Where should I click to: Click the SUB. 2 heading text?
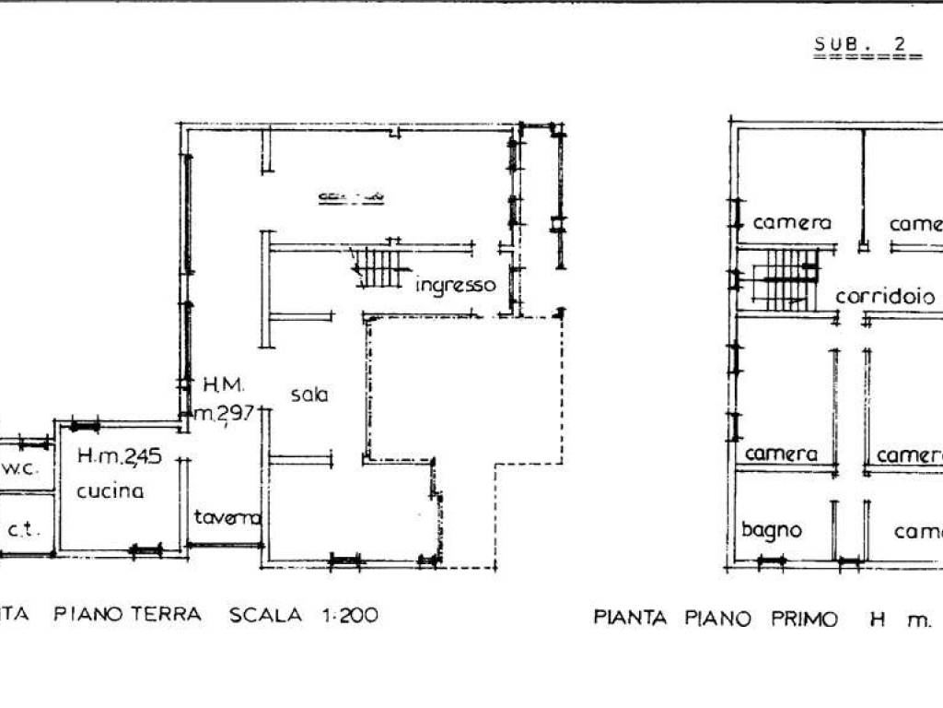coord(857,43)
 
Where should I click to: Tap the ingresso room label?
coord(455,285)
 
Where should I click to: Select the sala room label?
coord(310,395)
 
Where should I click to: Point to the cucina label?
coord(110,490)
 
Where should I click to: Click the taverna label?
coord(227,518)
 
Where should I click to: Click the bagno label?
coord(772,530)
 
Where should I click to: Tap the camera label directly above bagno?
coord(781,454)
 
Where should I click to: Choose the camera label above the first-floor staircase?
coord(792,223)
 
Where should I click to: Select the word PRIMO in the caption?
coord(804,619)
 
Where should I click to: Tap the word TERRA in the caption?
coord(167,615)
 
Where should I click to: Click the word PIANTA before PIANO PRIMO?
coord(630,619)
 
